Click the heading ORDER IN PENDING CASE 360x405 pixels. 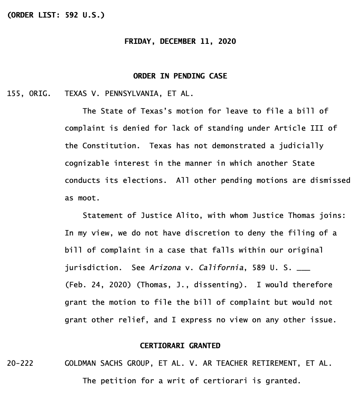pyautogui.click(x=180, y=76)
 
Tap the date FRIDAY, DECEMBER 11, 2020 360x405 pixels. pyautogui.click(x=180, y=41)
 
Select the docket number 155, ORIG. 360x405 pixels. pyautogui.click(x=29, y=94)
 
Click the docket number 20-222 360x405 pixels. pyautogui.click(x=20, y=363)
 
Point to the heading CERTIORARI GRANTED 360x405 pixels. pyautogui.click(x=180, y=346)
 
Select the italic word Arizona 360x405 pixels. pyautogui.click(x=165, y=267)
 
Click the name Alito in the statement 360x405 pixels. pyautogui.click(x=176, y=215)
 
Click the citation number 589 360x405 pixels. pyautogui.click(x=259, y=267)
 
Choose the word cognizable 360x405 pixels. pyautogui.click(x=85, y=163)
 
